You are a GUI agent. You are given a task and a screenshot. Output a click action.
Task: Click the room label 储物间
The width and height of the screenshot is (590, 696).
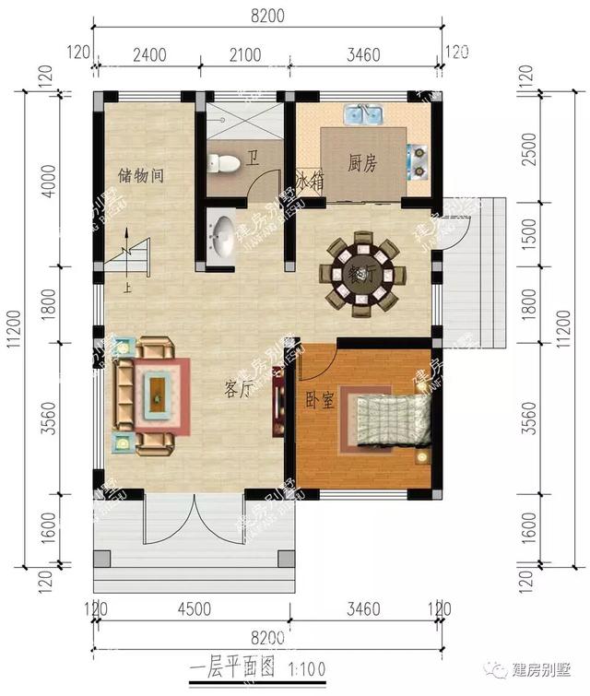click(141, 174)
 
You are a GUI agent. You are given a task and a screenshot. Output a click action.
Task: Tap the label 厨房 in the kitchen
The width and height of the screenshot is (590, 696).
click(362, 163)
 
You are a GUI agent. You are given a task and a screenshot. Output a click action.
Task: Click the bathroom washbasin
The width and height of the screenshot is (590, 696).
click(221, 238)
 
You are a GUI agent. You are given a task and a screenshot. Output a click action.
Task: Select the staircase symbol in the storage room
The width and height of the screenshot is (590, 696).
click(132, 259)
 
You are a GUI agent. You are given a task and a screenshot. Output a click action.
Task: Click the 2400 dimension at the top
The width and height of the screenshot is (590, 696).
click(149, 55)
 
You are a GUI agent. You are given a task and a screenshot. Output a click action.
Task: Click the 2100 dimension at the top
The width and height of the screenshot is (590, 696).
click(245, 55)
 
